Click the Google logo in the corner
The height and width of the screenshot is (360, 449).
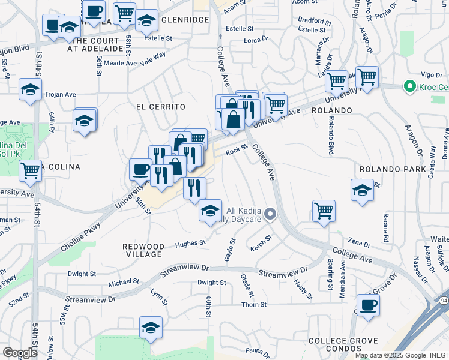coord(20,353)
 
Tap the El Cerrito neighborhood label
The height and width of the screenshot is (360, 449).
coord(160,107)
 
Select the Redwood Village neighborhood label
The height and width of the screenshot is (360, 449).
coord(143,250)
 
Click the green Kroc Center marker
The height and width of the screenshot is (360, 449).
coord(411,87)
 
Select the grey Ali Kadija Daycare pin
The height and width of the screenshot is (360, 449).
coord(271,214)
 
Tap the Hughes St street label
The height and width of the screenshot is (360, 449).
coord(190,244)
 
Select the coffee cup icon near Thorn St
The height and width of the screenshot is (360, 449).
coord(368,304)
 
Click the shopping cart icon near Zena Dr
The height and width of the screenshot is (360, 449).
coord(324,211)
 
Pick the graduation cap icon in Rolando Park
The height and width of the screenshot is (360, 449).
coord(362,190)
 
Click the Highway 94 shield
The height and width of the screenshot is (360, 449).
coord(444,300)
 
